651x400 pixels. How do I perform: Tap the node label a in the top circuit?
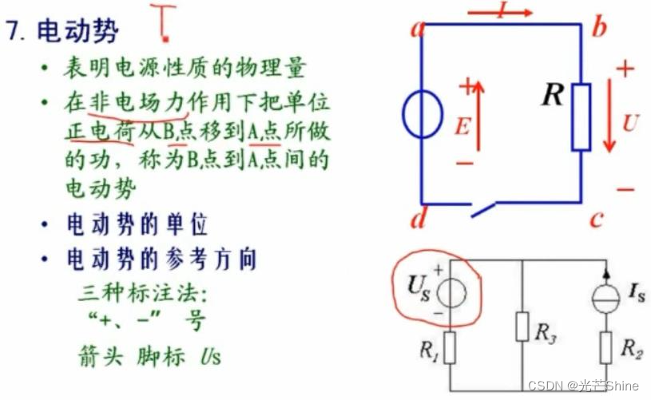point(416,30)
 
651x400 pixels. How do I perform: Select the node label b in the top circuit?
point(599,29)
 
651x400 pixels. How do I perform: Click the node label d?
point(416,216)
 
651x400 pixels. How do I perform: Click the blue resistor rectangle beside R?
point(582,117)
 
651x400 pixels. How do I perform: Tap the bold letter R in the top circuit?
point(552,97)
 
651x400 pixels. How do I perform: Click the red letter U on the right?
point(630,124)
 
